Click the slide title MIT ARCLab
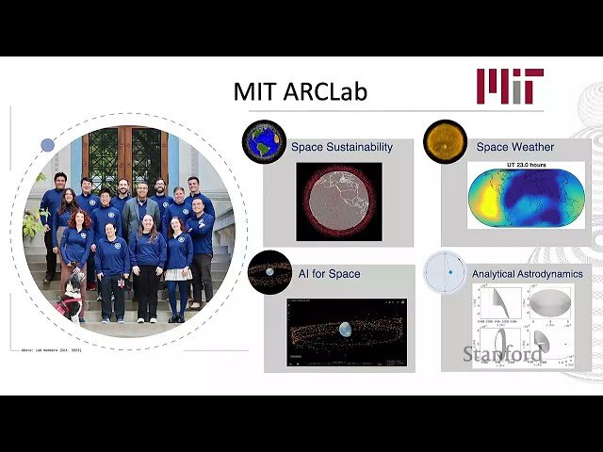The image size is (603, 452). point(300,92)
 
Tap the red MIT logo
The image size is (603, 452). point(509,86)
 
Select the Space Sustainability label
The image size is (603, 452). point(341,147)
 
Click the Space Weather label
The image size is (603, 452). point(514,147)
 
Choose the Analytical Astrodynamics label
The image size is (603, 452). point(527,274)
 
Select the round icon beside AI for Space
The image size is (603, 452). point(269,271)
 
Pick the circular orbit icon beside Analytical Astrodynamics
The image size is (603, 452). point(446,272)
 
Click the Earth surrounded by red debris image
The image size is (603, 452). point(339,202)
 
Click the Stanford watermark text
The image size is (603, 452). point(501,354)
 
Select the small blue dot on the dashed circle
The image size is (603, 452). point(47,145)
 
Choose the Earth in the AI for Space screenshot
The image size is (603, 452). point(345,330)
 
